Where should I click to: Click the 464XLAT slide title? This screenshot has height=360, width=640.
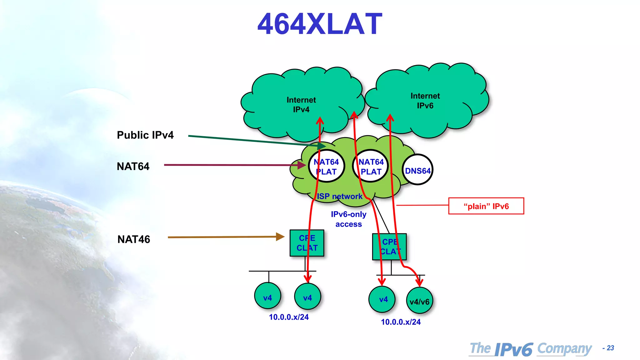[320, 24]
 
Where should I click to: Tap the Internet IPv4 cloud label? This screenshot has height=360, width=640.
[301, 105]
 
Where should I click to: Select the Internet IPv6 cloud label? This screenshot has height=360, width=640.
[425, 101]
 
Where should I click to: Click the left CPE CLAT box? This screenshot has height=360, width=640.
[307, 243]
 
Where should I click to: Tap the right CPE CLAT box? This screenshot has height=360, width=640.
[389, 247]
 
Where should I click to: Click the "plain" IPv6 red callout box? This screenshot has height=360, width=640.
[486, 206]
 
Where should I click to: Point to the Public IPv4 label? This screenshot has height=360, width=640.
[145, 135]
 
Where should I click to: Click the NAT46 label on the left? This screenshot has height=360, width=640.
[134, 239]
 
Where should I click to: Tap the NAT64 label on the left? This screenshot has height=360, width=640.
[133, 166]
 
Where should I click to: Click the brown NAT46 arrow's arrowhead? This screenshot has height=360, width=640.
[280, 237]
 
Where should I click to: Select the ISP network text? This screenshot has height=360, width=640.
[340, 196]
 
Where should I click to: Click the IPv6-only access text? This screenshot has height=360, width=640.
[348, 219]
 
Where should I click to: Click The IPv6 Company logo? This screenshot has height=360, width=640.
[531, 349]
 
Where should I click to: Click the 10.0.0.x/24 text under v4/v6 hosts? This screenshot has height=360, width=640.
[401, 322]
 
